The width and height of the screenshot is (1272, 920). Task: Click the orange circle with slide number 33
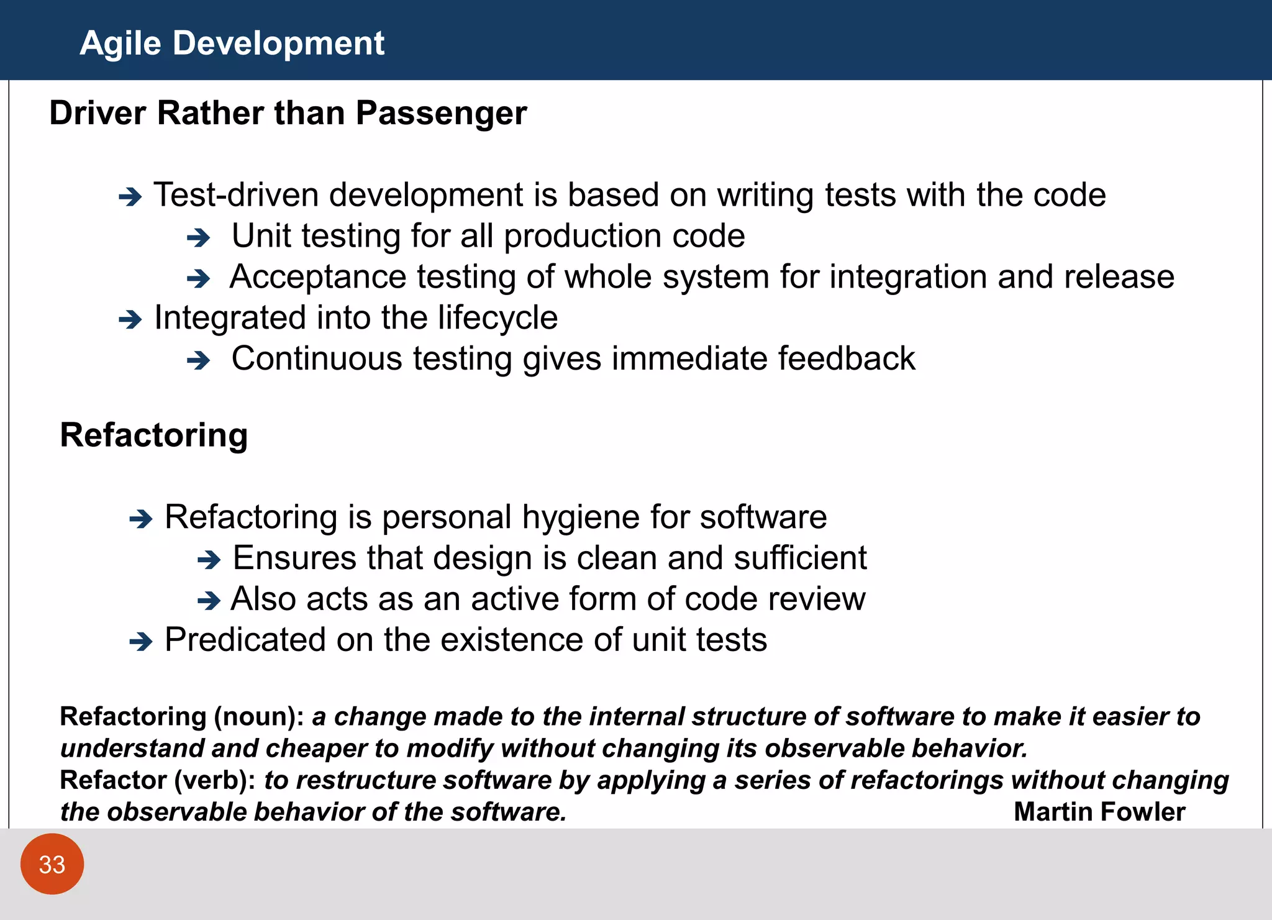click(52, 864)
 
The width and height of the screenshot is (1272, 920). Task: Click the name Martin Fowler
click(1099, 812)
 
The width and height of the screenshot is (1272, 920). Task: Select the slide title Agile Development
click(232, 43)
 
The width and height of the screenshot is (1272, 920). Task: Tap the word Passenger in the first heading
click(441, 114)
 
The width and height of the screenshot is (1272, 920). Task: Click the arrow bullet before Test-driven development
click(130, 198)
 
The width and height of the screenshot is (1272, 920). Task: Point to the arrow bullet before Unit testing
click(199, 238)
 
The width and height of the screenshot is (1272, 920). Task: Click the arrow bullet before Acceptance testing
click(199, 279)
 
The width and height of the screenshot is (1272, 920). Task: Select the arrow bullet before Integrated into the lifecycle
click(130, 320)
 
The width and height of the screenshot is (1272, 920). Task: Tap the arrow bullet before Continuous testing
click(199, 360)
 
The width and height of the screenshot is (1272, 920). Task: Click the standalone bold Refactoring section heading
click(154, 435)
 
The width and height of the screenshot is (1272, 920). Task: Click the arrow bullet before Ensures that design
click(209, 560)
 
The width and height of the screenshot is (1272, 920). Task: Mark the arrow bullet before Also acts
click(209, 601)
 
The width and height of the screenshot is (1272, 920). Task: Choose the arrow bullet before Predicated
click(141, 642)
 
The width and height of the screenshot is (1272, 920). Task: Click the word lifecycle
click(497, 319)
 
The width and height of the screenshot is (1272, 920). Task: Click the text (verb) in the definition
click(214, 780)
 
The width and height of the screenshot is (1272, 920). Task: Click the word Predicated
click(245, 640)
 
